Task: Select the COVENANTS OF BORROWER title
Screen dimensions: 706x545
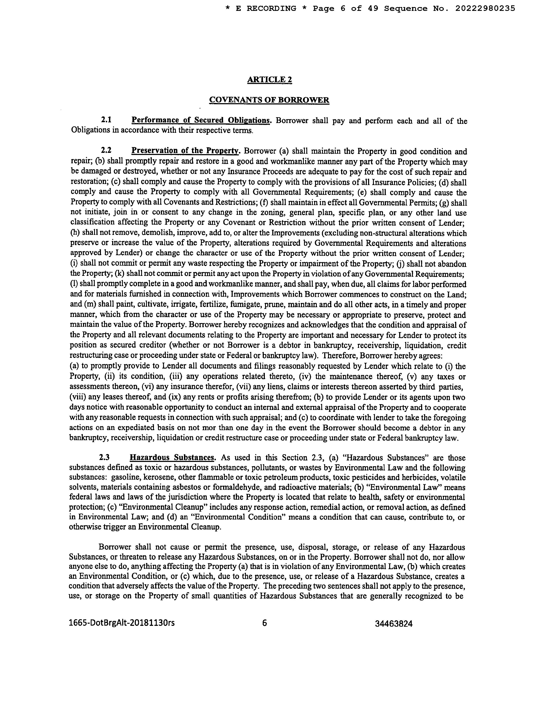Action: click(x=269, y=100)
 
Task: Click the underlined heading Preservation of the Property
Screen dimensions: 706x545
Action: click(x=185, y=151)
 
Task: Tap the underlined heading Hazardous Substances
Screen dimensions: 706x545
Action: click(x=172, y=458)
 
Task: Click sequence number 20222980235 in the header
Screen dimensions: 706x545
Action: click(x=485, y=9)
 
